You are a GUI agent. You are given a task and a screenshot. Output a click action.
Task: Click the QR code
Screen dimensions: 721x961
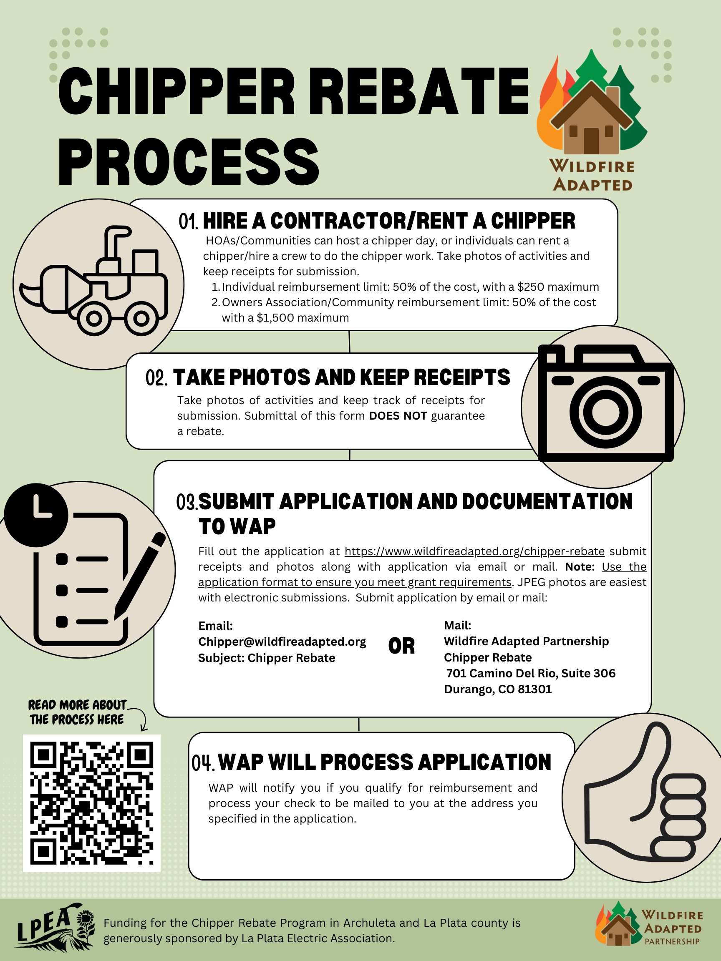click(91, 803)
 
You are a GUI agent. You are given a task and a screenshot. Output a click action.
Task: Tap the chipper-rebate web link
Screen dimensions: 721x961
click(474, 551)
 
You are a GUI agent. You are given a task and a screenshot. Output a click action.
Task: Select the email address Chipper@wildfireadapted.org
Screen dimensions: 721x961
click(282, 642)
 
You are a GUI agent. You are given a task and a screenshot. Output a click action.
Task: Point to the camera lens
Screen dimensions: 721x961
click(605, 411)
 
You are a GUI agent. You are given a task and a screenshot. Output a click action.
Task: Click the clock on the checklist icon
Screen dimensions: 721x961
click(36, 515)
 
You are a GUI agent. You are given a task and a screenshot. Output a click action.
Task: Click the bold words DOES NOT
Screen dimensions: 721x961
click(398, 416)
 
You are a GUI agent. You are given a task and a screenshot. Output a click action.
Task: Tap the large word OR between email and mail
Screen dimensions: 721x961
click(401, 646)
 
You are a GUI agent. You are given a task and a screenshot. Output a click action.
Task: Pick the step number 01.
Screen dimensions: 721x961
click(188, 221)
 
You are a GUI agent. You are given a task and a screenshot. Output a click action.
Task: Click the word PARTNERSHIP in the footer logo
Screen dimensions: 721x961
click(672, 941)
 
